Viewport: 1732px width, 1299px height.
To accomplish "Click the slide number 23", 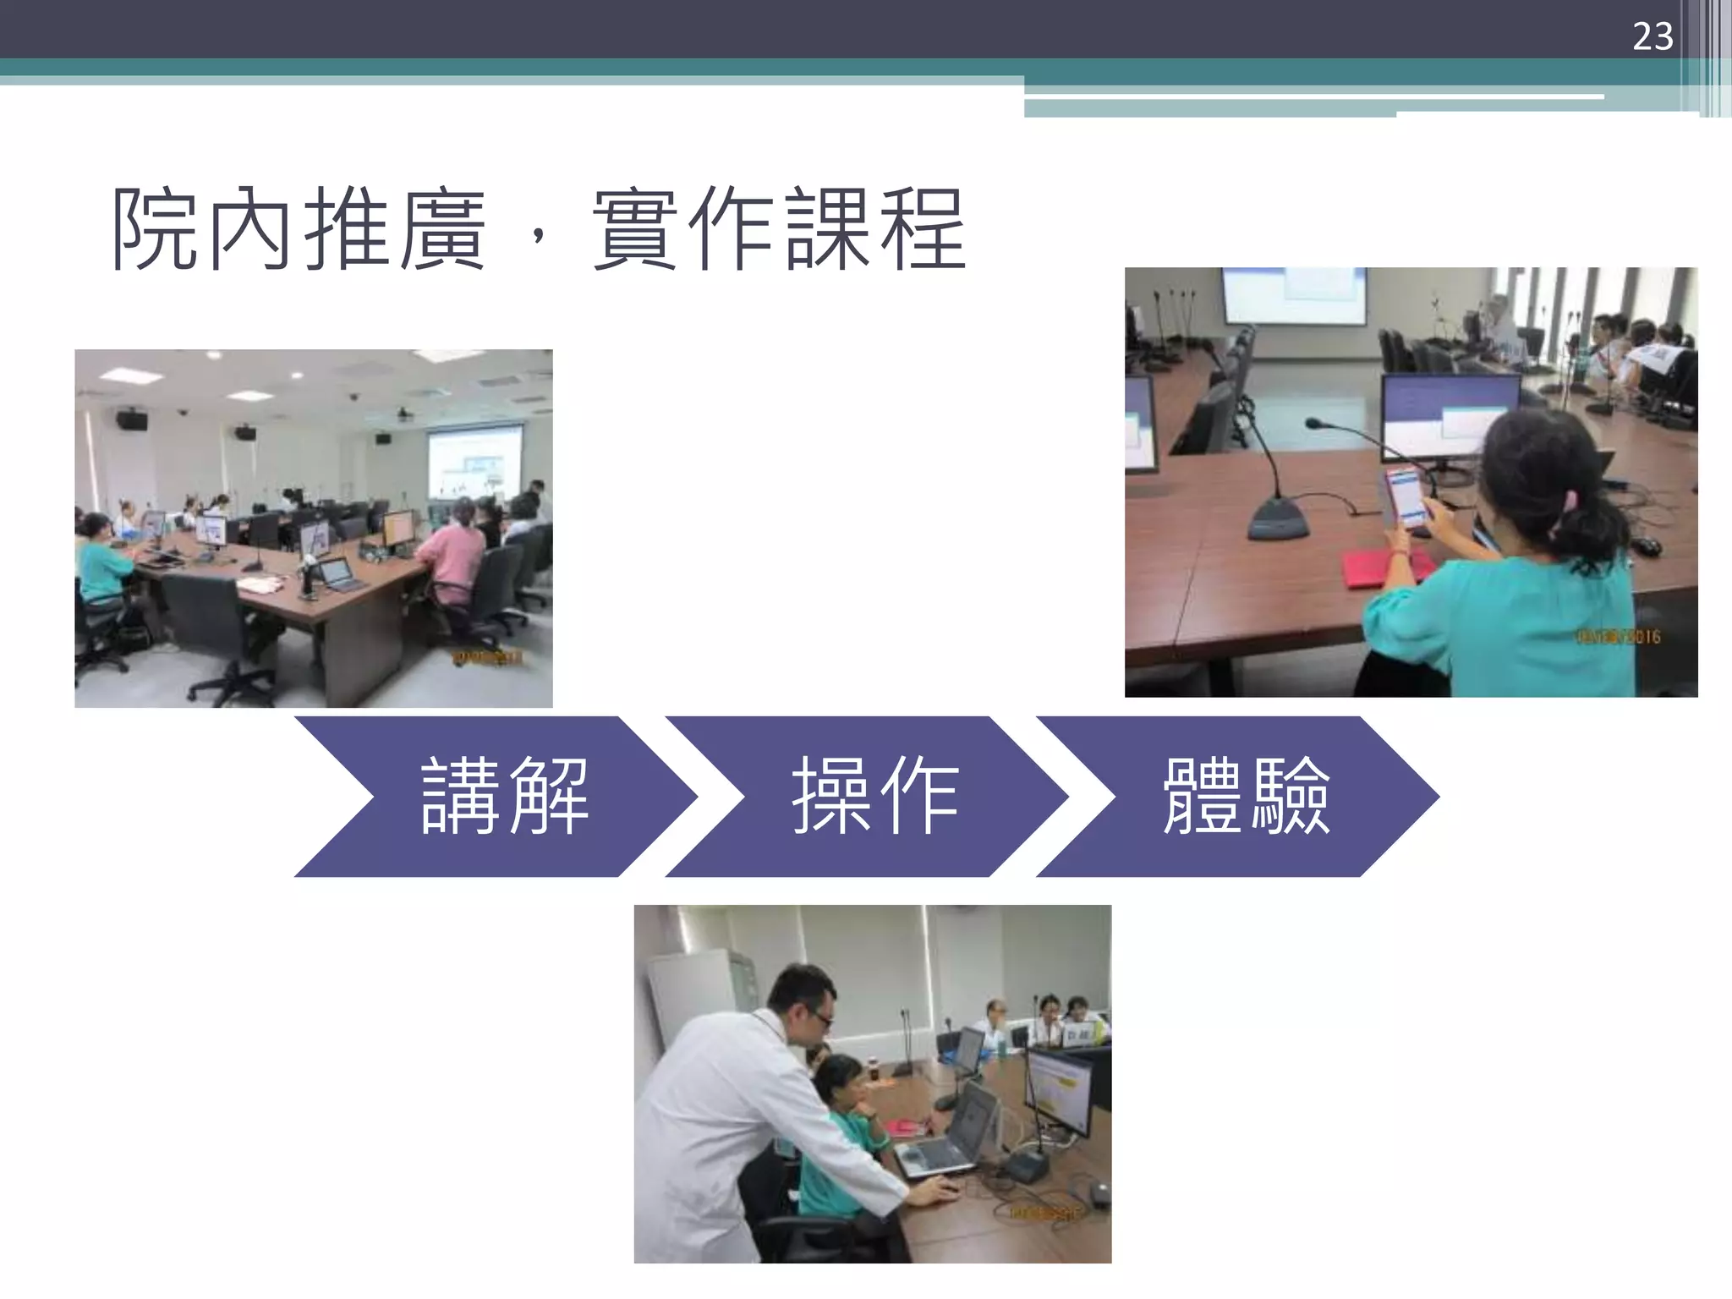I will [x=1652, y=36].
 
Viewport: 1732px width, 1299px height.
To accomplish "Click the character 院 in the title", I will [x=156, y=229].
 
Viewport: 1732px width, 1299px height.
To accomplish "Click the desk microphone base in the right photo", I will [x=1279, y=519].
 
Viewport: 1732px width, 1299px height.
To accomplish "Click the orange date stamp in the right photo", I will [x=1617, y=637].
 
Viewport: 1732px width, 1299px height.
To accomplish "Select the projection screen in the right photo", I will [x=1294, y=295].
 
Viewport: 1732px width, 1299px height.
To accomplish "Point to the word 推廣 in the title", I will [x=394, y=229].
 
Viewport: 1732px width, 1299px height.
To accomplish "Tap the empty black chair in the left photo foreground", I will [x=211, y=626].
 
